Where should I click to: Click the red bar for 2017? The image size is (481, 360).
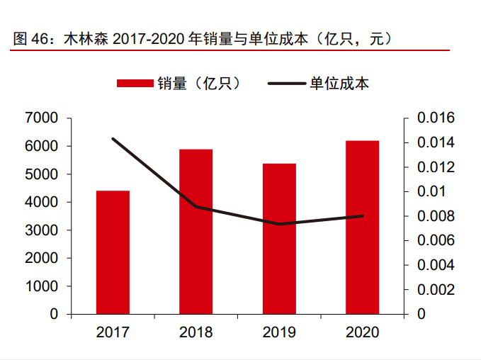tap(113, 252)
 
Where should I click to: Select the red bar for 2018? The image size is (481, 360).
tap(196, 231)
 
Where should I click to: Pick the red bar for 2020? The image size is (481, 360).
tap(362, 227)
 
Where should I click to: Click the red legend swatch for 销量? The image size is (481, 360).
tap(135, 84)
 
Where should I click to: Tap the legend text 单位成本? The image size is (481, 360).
tap(339, 84)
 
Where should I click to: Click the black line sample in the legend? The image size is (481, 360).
tap(286, 84)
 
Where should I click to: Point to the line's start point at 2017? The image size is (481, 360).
tap(113, 138)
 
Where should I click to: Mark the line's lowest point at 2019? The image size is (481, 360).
tap(279, 224)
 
